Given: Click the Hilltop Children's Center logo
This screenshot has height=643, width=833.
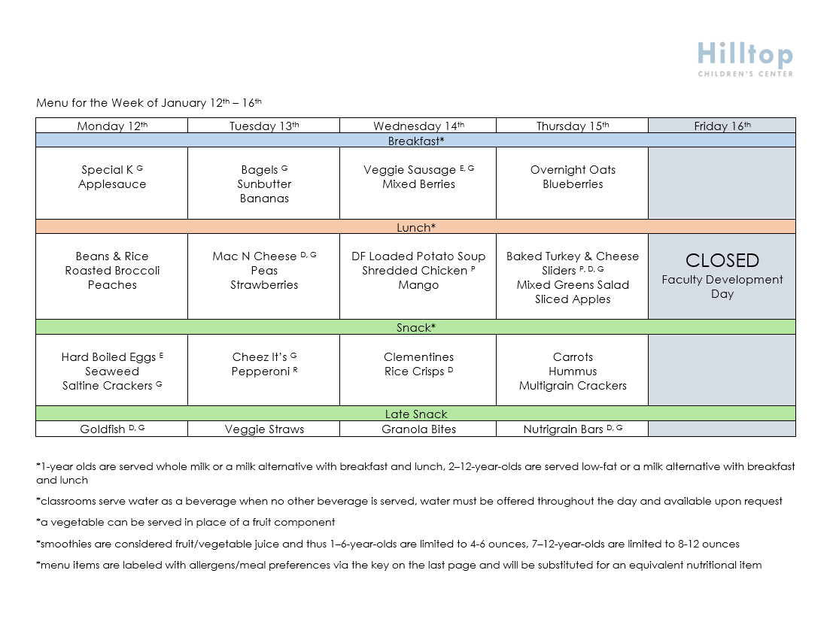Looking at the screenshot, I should (745, 59).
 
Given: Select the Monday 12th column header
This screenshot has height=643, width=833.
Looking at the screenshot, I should (112, 126).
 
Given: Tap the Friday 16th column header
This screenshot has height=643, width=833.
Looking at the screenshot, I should (722, 126).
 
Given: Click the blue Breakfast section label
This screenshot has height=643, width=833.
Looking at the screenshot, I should (416, 141).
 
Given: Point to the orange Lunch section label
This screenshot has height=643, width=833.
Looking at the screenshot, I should (416, 227).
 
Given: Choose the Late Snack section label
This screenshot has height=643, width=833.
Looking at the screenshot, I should (416, 414).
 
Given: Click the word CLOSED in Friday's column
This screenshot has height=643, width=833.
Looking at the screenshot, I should (722, 260).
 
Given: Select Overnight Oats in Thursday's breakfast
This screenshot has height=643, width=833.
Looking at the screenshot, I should (573, 170).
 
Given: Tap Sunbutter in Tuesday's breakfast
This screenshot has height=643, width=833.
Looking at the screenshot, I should (264, 184).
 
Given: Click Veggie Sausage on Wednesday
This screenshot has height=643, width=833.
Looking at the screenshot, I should (410, 170).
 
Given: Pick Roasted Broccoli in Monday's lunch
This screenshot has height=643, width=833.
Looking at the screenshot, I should (112, 271).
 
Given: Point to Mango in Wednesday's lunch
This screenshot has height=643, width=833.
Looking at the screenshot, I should (418, 285).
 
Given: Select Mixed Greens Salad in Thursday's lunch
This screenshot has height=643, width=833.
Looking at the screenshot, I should (573, 285).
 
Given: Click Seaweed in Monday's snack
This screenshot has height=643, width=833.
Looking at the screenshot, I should (112, 372).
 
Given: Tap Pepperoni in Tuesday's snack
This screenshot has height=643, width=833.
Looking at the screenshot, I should (261, 372).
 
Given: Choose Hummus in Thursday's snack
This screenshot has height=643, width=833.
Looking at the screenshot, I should (573, 372).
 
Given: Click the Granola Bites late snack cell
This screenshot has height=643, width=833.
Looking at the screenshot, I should (418, 429).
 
